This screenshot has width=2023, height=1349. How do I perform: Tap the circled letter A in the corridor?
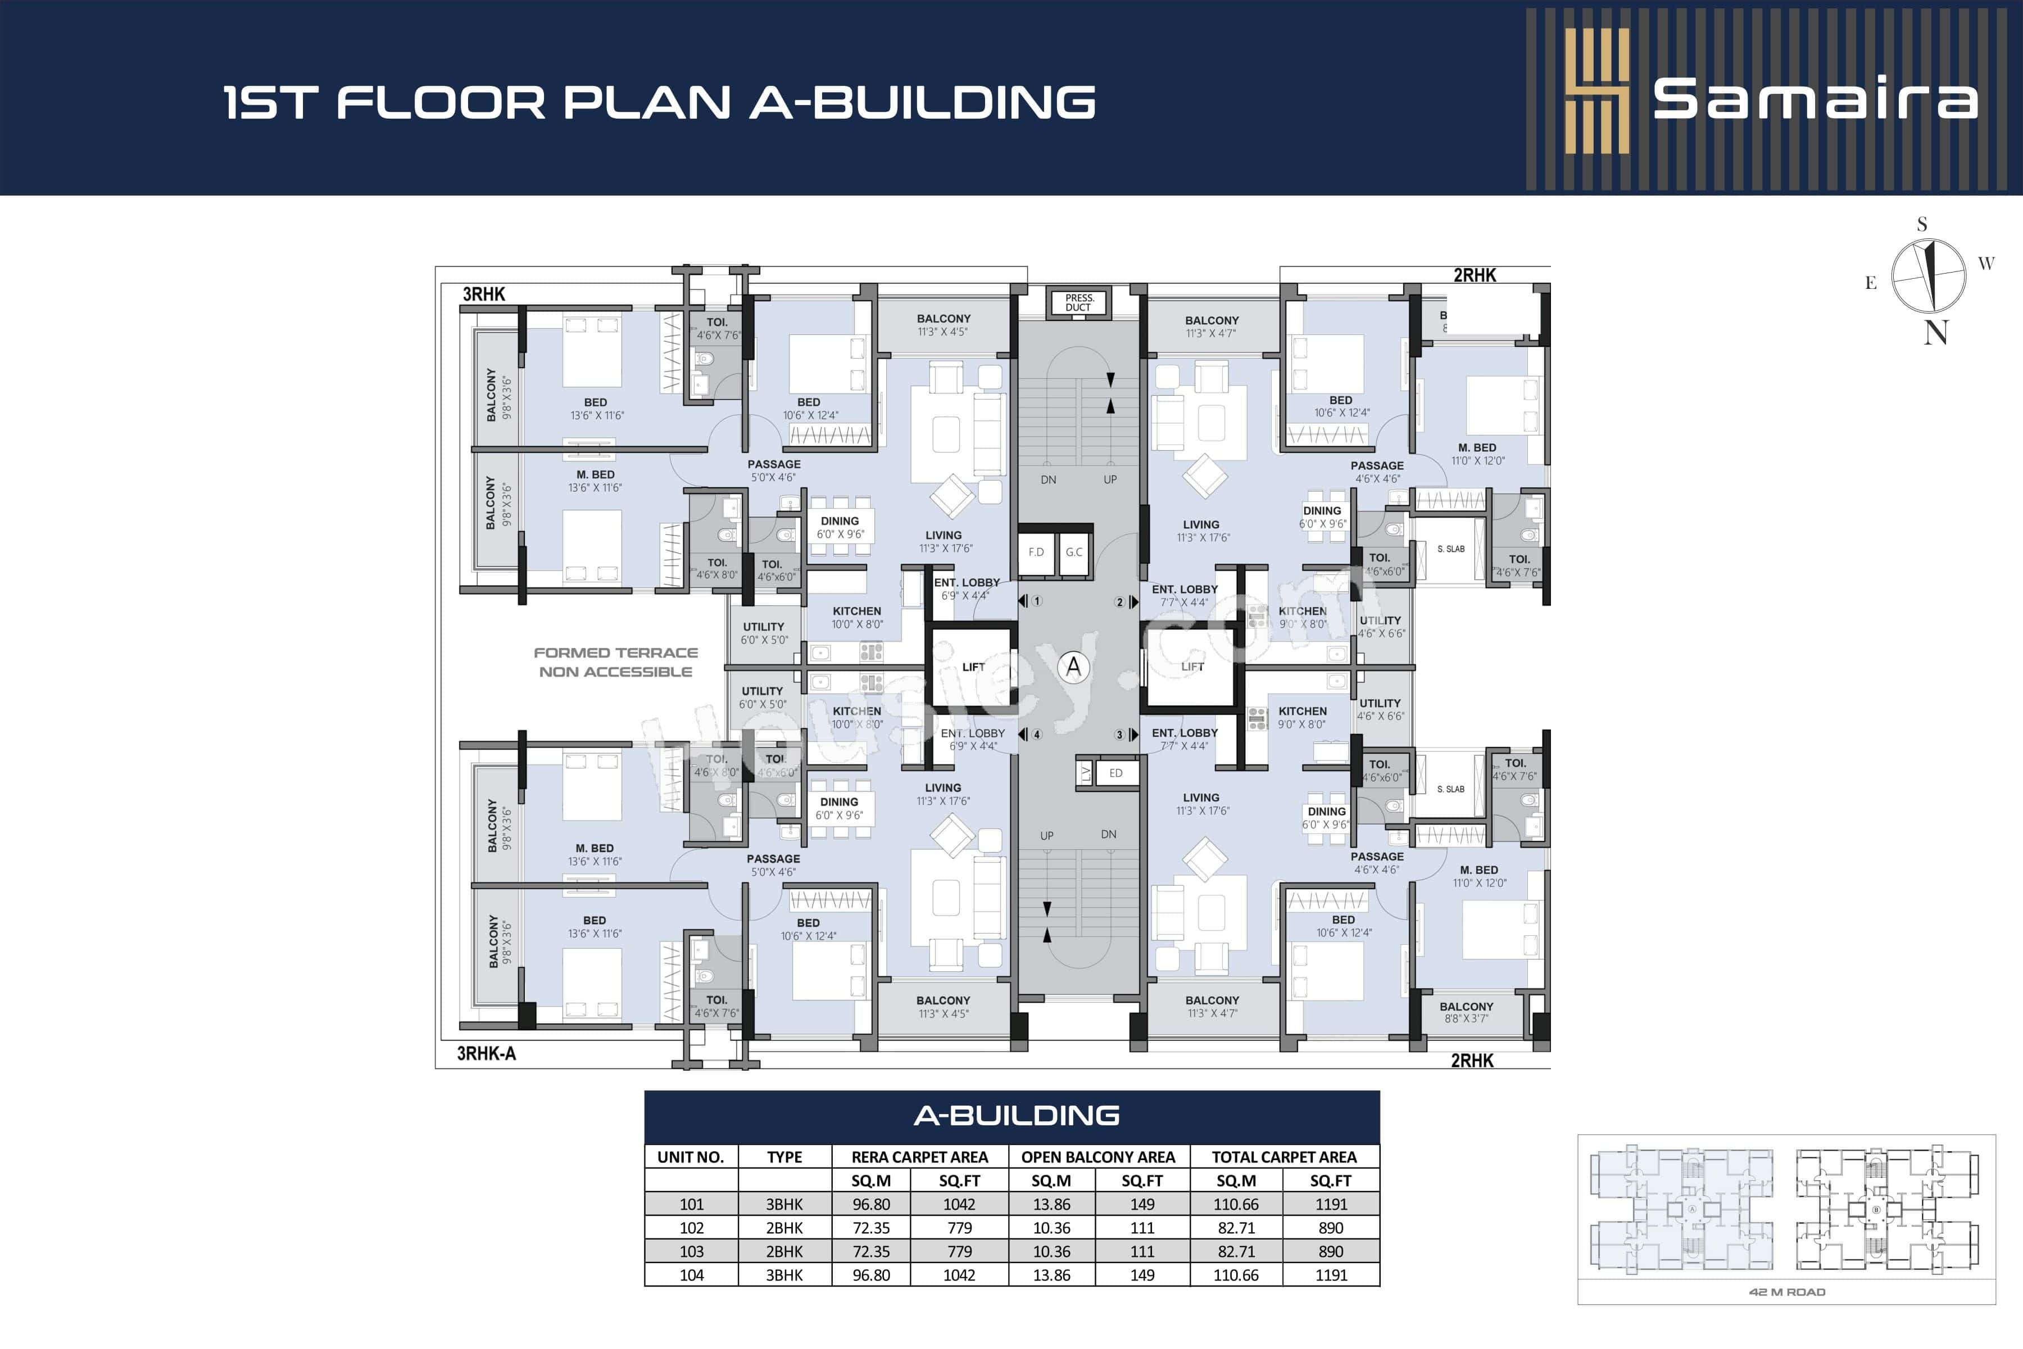1073,667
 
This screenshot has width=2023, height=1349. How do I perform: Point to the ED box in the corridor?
1115,772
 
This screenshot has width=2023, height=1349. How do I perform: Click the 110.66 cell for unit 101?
1236,1205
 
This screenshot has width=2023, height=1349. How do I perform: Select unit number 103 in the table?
692,1252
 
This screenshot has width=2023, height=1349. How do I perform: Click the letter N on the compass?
1935,333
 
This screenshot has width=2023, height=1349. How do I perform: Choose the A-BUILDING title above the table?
1016,1116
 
